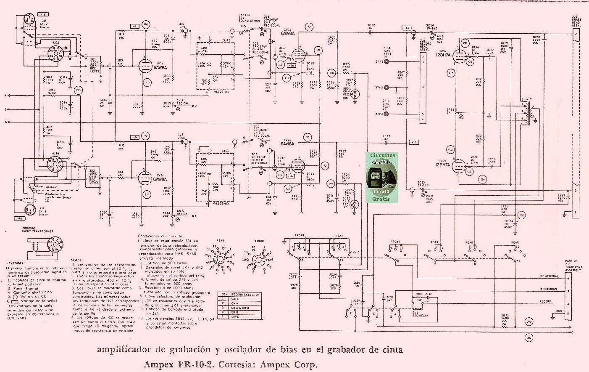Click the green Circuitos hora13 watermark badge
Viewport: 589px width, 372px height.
click(x=381, y=177)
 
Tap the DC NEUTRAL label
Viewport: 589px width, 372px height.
click(x=549, y=276)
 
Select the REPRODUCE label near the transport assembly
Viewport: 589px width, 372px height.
click(x=549, y=289)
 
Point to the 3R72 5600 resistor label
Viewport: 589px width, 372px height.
click(x=504, y=318)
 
